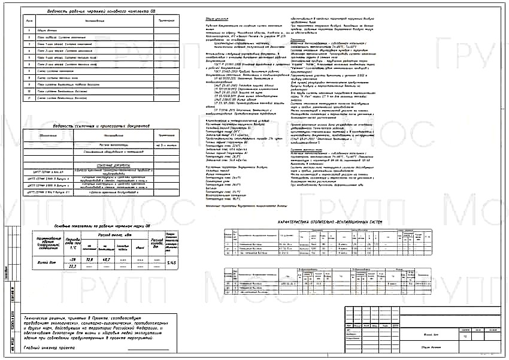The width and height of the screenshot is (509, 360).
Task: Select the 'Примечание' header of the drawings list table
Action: tap(149, 21)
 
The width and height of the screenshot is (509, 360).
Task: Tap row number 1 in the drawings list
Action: tap(30, 29)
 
